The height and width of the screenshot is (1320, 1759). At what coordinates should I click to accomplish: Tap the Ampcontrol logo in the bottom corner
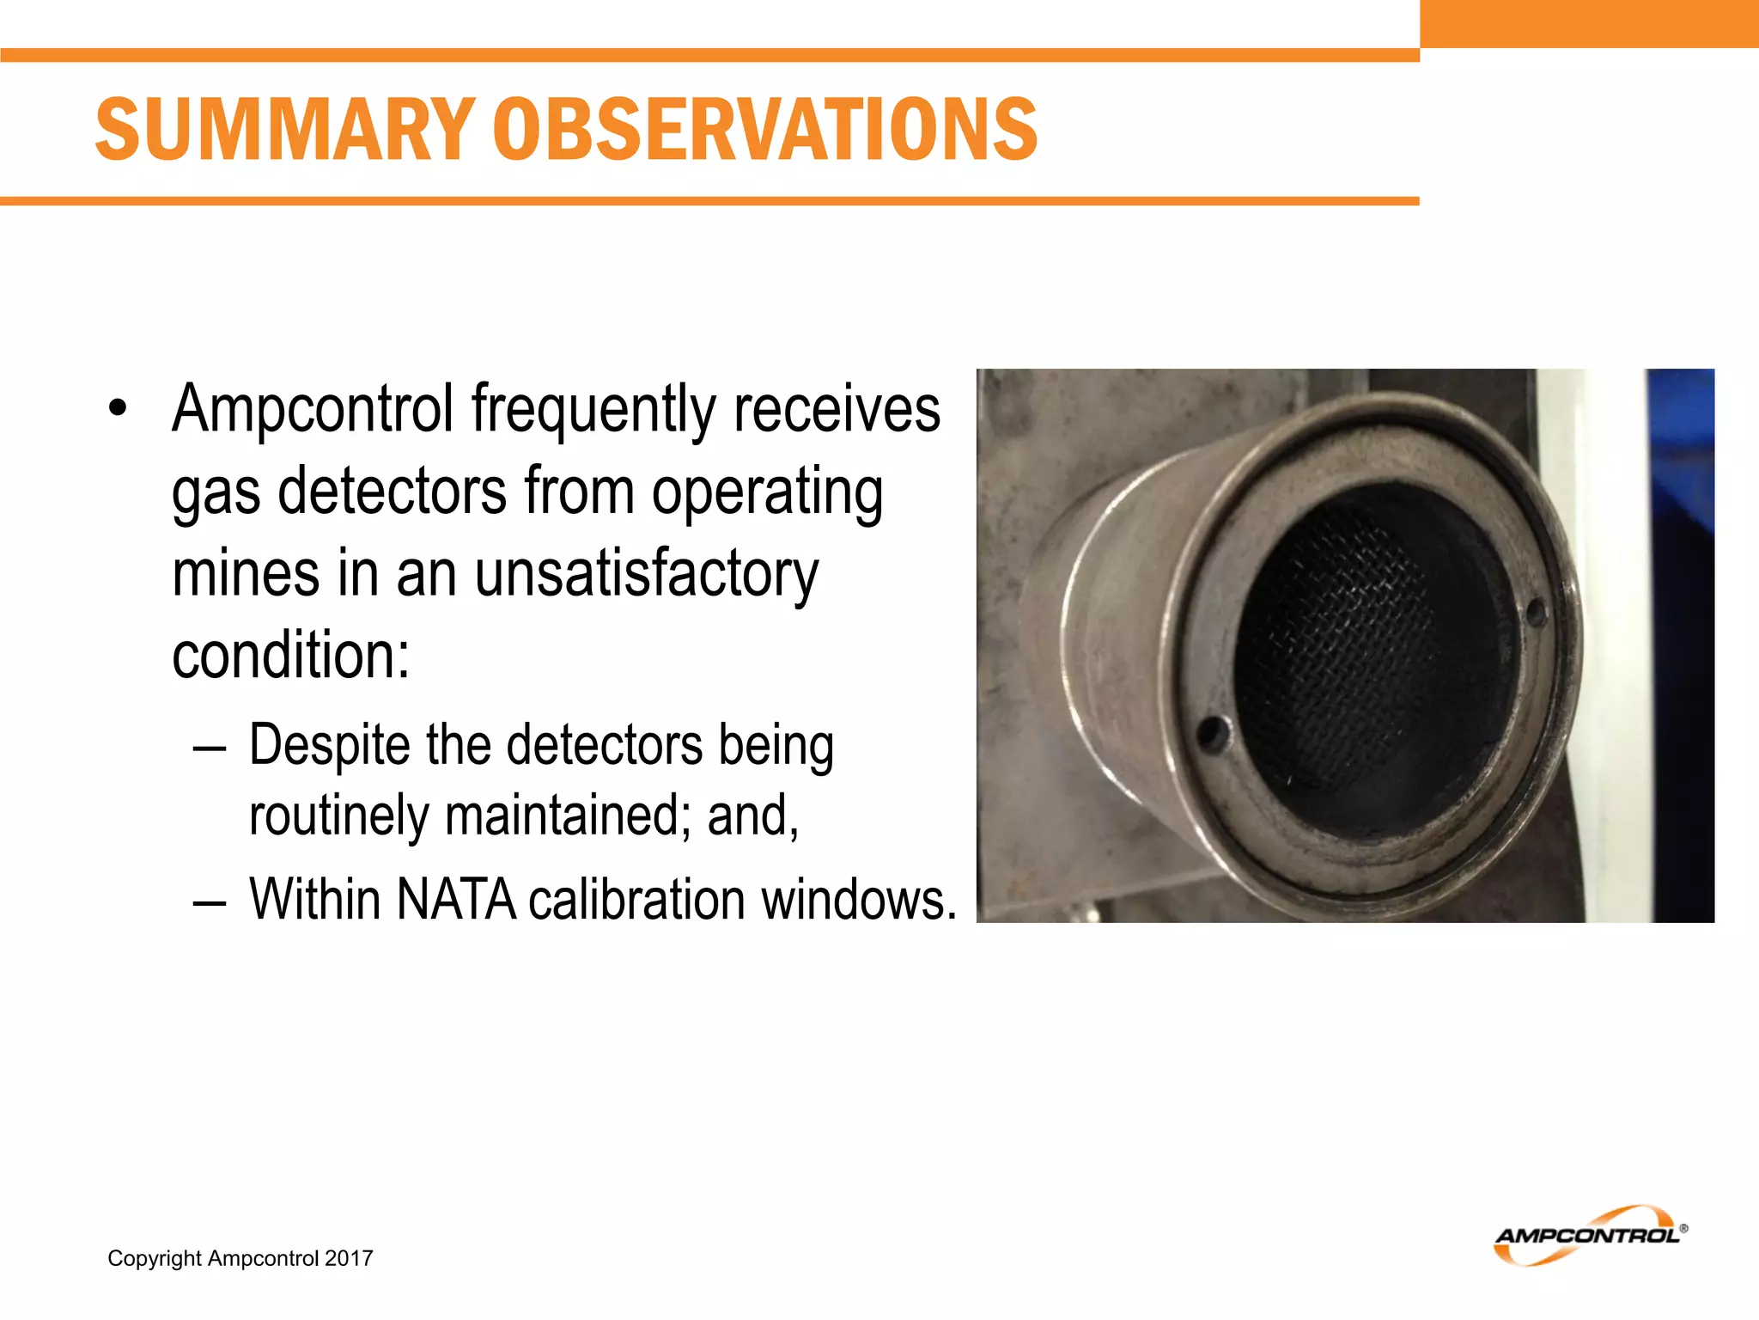click(x=1590, y=1235)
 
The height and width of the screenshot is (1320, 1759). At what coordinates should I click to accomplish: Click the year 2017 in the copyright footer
click(x=349, y=1258)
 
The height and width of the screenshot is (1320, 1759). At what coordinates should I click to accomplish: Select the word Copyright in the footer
click(x=154, y=1258)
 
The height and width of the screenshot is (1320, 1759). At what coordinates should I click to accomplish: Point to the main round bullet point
click(x=118, y=409)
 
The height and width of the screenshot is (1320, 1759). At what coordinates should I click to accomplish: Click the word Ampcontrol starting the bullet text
click(x=313, y=409)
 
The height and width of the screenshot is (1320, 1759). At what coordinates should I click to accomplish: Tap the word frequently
click(x=593, y=409)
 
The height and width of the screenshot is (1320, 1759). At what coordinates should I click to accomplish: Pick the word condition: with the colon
click(x=290, y=656)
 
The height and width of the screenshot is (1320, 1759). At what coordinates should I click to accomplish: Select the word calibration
click(x=636, y=900)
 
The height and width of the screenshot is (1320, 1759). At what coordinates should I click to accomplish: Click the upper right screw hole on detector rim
click(x=1537, y=612)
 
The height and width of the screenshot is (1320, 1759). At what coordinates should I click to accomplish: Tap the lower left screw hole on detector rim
click(x=1212, y=733)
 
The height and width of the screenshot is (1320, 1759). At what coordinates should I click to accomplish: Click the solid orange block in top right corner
click(x=1589, y=23)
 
